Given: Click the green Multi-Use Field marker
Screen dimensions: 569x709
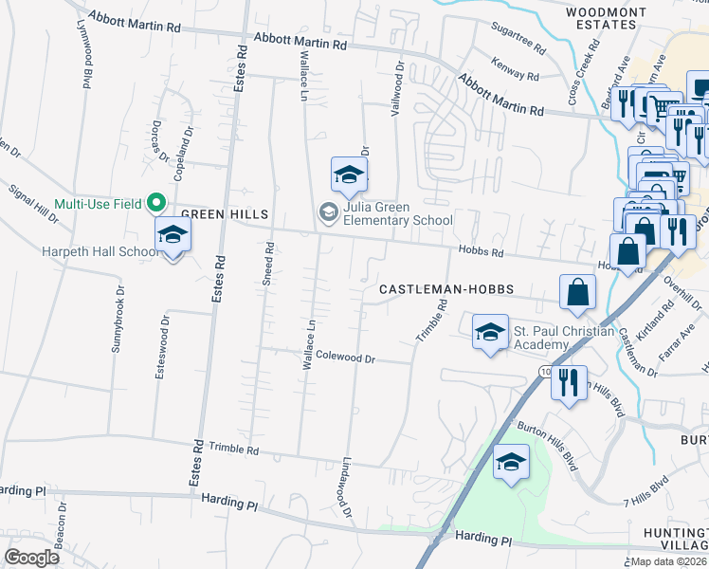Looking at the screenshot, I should [x=156, y=203].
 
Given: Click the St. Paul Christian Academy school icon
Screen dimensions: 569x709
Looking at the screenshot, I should [x=490, y=332].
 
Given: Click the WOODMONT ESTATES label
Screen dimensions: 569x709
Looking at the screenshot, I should [x=606, y=19].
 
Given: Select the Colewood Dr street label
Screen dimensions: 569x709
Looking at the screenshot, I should [x=346, y=358].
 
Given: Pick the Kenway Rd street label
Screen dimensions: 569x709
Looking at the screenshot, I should [x=516, y=69].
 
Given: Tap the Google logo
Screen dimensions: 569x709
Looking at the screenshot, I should [x=32, y=558].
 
